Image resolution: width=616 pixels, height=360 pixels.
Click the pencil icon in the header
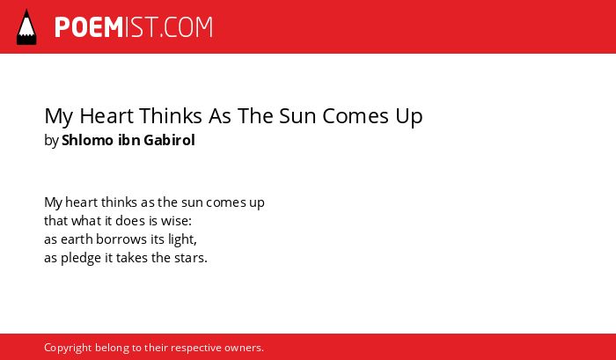[26, 26]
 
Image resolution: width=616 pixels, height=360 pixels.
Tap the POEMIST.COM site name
[134, 27]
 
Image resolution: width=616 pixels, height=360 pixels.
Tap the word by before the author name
[51, 141]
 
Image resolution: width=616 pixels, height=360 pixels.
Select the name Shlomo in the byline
[88, 140]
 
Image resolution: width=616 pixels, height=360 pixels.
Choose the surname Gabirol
[169, 140]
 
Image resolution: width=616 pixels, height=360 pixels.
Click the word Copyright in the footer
[68, 349]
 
